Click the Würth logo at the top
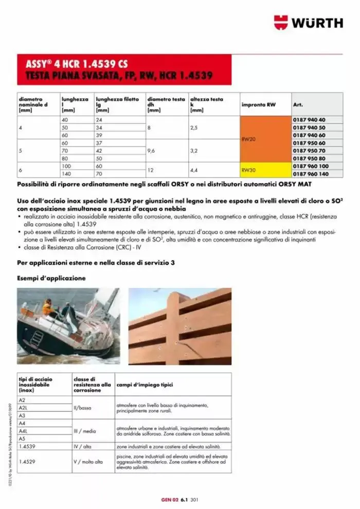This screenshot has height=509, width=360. [308, 23]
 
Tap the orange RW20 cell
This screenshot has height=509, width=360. [265, 139]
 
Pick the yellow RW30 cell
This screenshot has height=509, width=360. [265, 170]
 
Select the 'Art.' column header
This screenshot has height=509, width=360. [298, 104]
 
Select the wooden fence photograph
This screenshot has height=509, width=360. [179, 326]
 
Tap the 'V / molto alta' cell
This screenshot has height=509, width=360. [88, 462]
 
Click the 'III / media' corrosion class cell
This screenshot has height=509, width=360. [85, 431]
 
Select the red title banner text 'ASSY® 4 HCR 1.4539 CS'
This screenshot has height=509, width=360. [77, 65]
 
